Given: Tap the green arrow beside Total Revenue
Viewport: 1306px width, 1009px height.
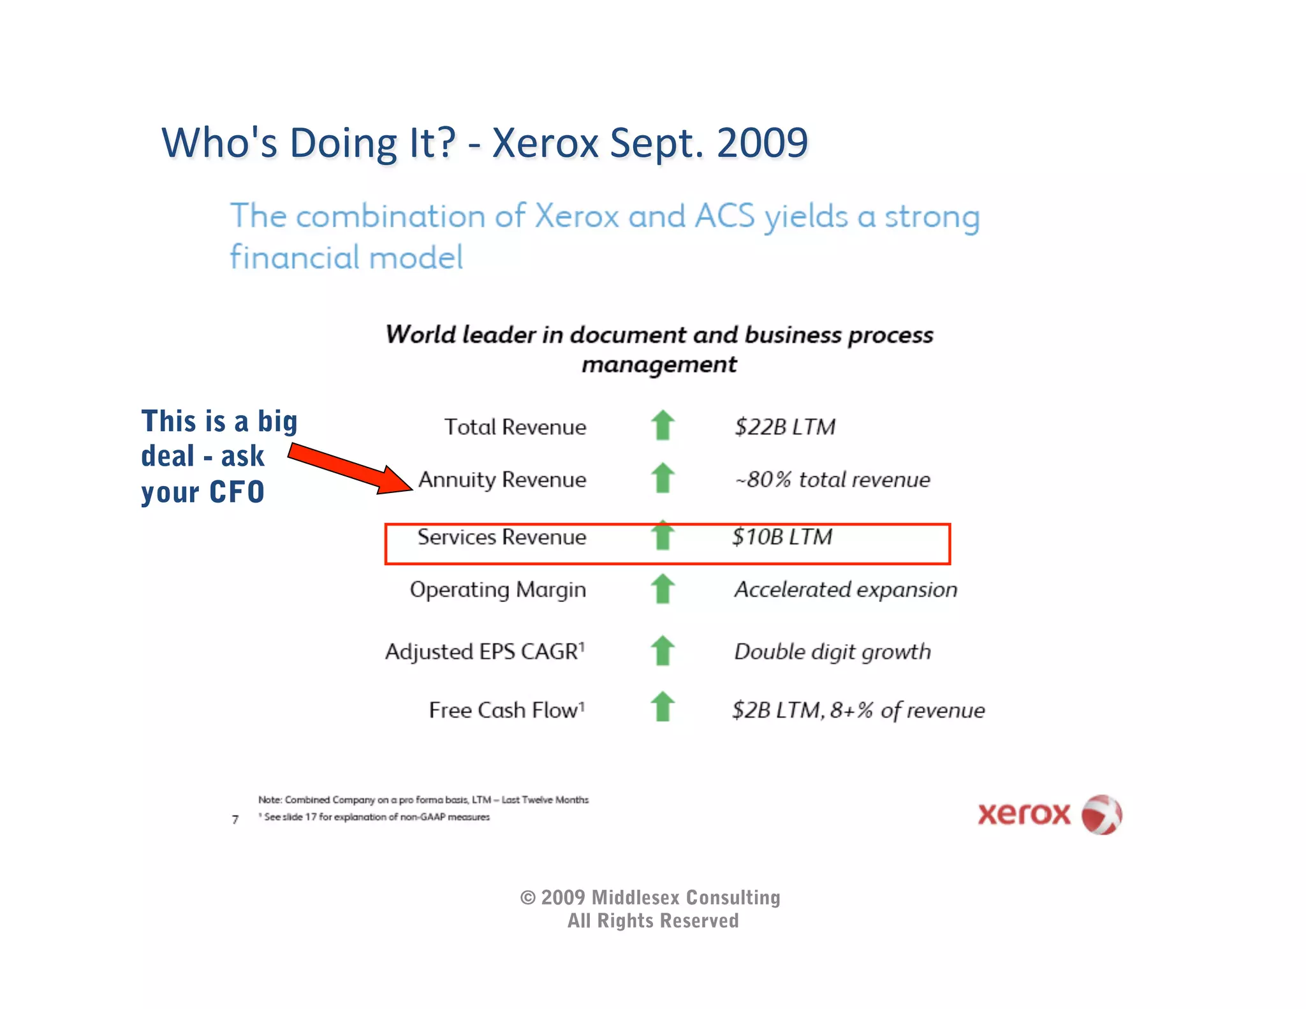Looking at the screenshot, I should pyautogui.click(x=663, y=425).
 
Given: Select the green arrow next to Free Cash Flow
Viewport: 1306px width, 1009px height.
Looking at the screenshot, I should pyautogui.click(x=663, y=707).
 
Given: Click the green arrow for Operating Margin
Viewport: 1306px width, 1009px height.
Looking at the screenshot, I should pyautogui.click(x=663, y=589).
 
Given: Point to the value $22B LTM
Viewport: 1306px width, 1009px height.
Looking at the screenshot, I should pyautogui.click(x=784, y=427).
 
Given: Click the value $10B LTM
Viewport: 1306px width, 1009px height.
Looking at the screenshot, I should pyautogui.click(x=782, y=537).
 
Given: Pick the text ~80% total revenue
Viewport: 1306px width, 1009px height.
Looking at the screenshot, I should pyautogui.click(x=832, y=480).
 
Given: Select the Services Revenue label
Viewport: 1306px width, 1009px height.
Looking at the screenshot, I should pyautogui.click(x=501, y=537).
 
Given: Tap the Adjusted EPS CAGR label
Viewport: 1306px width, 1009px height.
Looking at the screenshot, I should pyautogui.click(x=485, y=652).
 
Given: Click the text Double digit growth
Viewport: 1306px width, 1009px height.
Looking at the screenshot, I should pyautogui.click(x=832, y=652).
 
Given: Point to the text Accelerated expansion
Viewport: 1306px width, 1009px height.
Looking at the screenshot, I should pyautogui.click(x=846, y=589).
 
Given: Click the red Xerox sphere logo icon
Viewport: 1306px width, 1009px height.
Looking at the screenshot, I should pyautogui.click(x=1102, y=814).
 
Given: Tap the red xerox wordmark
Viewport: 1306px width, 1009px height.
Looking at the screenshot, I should pyautogui.click(x=1024, y=814).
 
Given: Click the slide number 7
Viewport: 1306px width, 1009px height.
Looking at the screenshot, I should pyautogui.click(x=235, y=820).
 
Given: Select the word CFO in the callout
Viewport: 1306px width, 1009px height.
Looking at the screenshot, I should pyautogui.click(x=237, y=492).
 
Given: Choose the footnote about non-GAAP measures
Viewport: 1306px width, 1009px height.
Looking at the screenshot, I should pyautogui.click(x=376, y=817).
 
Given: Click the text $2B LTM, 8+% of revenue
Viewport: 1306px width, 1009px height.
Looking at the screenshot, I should pyautogui.click(x=858, y=711).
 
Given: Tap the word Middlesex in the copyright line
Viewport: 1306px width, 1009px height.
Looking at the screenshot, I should pyautogui.click(x=635, y=898).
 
